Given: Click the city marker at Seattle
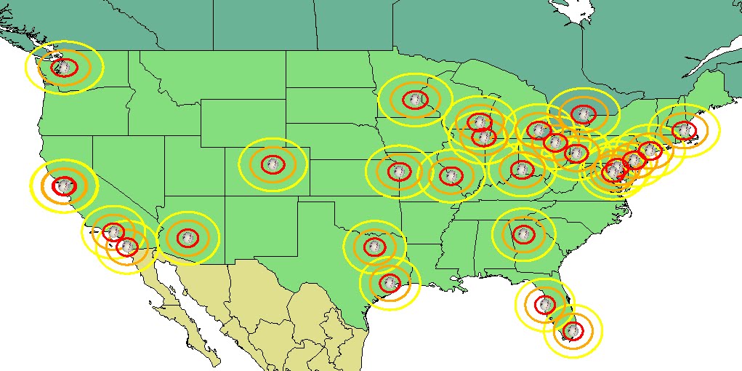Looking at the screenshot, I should tap(65, 68).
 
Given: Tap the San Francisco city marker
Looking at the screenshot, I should tap(64, 185).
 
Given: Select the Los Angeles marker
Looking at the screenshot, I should tap(113, 233).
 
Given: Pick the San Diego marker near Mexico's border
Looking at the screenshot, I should tap(127, 247).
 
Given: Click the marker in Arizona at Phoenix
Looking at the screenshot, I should tap(187, 237).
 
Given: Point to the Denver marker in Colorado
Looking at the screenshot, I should tap(273, 164).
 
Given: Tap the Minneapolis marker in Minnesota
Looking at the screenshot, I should tap(415, 99).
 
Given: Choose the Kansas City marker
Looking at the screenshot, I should tap(398, 172).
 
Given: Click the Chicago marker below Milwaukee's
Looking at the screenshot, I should tap(483, 136).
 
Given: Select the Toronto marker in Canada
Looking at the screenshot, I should tap(582, 113).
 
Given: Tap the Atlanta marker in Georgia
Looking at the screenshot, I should tap(523, 234).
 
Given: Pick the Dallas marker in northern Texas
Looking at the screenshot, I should tap(374, 246).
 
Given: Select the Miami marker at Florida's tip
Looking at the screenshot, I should tap(573, 332).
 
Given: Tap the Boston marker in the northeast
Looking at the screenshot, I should tap(684, 130).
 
